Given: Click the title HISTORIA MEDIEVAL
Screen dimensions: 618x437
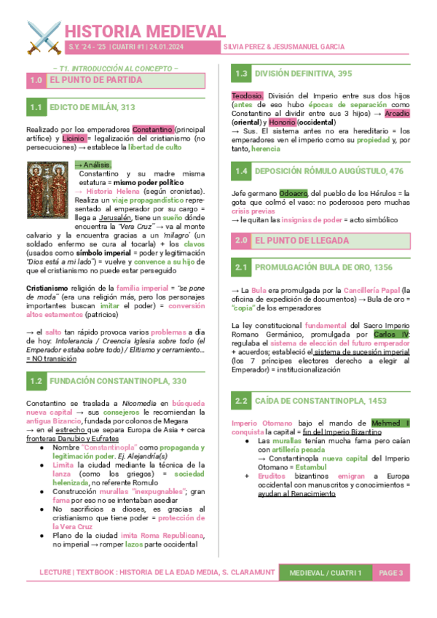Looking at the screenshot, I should tap(146, 31).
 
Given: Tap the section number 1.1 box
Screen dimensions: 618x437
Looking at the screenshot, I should tap(35, 108).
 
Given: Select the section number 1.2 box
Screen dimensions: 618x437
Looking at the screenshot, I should tap(35, 380).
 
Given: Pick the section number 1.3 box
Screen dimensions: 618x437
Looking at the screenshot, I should tap(241, 74).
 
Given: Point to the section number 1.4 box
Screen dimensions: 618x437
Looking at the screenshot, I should tap(241, 171).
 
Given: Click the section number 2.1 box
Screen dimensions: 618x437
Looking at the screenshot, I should tap(241, 268).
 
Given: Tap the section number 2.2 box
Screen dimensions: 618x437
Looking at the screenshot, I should tap(241, 401).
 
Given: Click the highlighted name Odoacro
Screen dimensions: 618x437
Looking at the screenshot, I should tap(295, 193).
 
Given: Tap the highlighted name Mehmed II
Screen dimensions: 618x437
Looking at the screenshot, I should tap(390, 423).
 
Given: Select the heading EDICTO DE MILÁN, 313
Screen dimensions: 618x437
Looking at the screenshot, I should tap(92, 108).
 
